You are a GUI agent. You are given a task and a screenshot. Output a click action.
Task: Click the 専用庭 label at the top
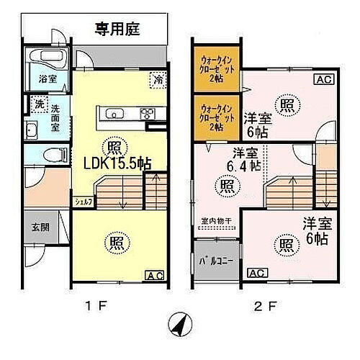point(118,30)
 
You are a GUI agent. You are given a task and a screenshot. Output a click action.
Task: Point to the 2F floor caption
point(267,305)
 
